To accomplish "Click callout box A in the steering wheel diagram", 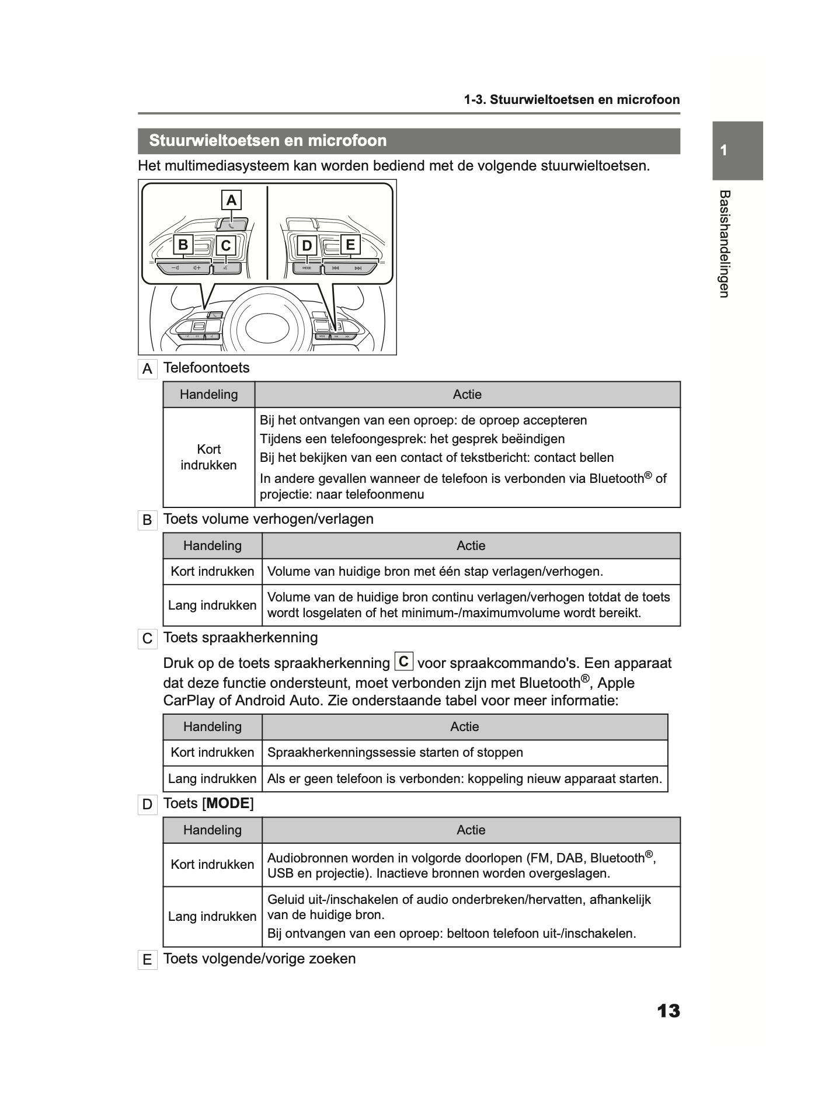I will click(231, 200).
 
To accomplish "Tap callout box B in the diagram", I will click(183, 245).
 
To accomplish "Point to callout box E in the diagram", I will click(350, 245).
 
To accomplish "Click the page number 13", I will click(668, 1011).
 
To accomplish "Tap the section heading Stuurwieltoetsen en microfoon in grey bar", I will click(268, 141).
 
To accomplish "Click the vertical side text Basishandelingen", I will click(724, 243).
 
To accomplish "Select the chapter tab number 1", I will click(723, 151).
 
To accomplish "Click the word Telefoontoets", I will click(206, 368).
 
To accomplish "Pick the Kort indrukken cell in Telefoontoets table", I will click(208, 457).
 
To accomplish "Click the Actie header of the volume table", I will click(471, 545).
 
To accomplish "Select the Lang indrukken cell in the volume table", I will click(212, 605).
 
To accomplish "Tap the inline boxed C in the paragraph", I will click(404, 662).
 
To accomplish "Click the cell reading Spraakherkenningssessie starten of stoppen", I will click(395, 752).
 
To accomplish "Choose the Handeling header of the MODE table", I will click(212, 830).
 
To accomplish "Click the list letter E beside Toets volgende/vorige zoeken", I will click(147, 960).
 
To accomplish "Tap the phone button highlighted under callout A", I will click(232, 224).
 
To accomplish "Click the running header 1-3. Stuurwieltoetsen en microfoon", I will click(572, 99).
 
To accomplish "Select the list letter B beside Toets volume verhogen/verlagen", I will click(147, 520).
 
